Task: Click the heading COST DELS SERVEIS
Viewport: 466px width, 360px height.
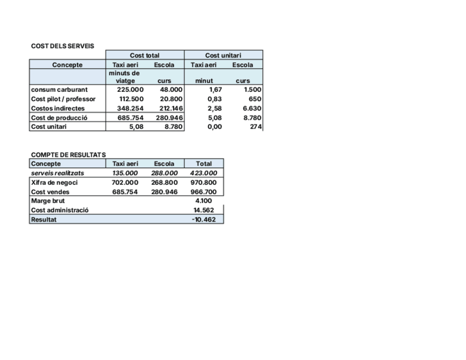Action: click(63, 46)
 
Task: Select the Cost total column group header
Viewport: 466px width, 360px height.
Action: click(145, 56)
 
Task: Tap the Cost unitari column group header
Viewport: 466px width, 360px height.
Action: click(223, 56)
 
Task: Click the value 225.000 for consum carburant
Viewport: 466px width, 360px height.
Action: click(131, 90)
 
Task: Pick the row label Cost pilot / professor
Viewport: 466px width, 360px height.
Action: click(63, 99)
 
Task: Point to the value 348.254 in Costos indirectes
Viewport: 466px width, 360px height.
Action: click(131, 108)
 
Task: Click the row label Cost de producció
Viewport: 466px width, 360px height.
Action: click(59, 118)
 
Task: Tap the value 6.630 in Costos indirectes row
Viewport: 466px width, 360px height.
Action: click(253, 108)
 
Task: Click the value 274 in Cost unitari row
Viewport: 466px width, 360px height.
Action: click(256, 127)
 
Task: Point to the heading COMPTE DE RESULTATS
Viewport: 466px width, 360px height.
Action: click(69, 155)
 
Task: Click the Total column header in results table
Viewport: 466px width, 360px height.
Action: click(203, 164)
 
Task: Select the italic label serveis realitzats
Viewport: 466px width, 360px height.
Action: click(58, 173)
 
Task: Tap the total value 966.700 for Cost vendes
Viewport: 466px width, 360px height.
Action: click(203, 192)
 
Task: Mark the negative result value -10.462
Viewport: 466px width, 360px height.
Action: click(203, 219)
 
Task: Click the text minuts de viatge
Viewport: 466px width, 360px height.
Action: click(124, 77)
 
